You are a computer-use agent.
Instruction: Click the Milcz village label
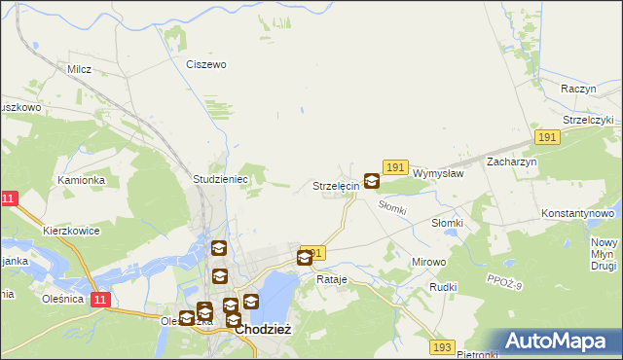(79, 69)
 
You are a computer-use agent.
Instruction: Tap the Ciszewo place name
(206, 64)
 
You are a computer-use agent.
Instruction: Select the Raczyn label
(578, 89)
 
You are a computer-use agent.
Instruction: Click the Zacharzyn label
(512, 162)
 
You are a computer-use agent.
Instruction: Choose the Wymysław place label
(437, 173)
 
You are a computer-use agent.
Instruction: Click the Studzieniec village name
(221, 180)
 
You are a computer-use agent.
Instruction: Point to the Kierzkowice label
(73, 232)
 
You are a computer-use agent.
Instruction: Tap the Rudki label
(443, 288)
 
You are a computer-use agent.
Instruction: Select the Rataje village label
(332, 279)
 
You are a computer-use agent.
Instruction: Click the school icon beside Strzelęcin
(372, 181)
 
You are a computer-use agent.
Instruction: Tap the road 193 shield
(443, 346)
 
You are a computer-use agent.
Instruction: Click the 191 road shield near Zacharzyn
(546, 138)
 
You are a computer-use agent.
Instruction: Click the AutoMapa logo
(560, 342)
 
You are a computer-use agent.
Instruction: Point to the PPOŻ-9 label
(503, 282)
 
